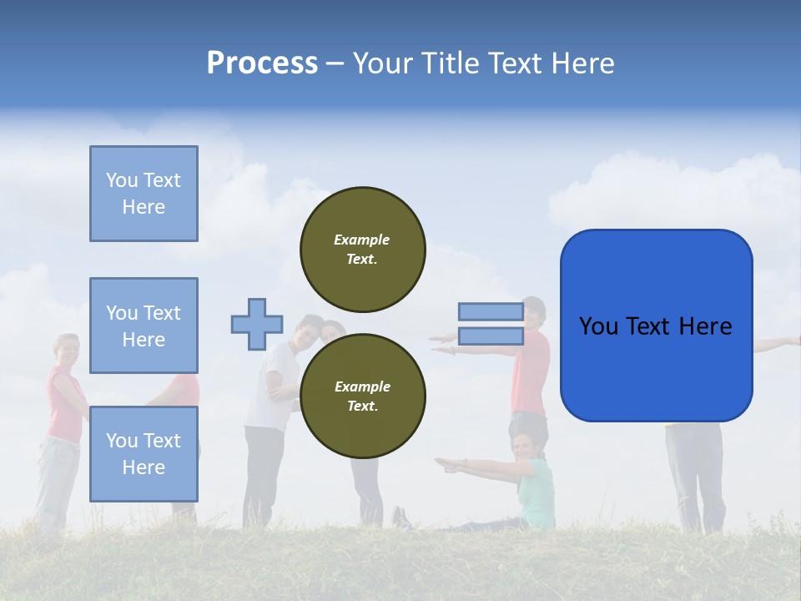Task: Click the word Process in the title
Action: point(261,63)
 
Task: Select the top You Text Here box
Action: point(144,194)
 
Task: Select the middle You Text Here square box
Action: point(144,326)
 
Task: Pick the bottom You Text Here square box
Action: point(144,453)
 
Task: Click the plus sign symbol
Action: point(257,324)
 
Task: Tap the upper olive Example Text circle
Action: point(363,250)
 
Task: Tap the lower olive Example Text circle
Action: point(363,396)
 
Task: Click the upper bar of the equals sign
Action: point(491,312)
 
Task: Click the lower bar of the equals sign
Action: point(491,336)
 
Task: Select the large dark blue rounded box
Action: point(656,326)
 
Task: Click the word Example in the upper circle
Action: point(361,240)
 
